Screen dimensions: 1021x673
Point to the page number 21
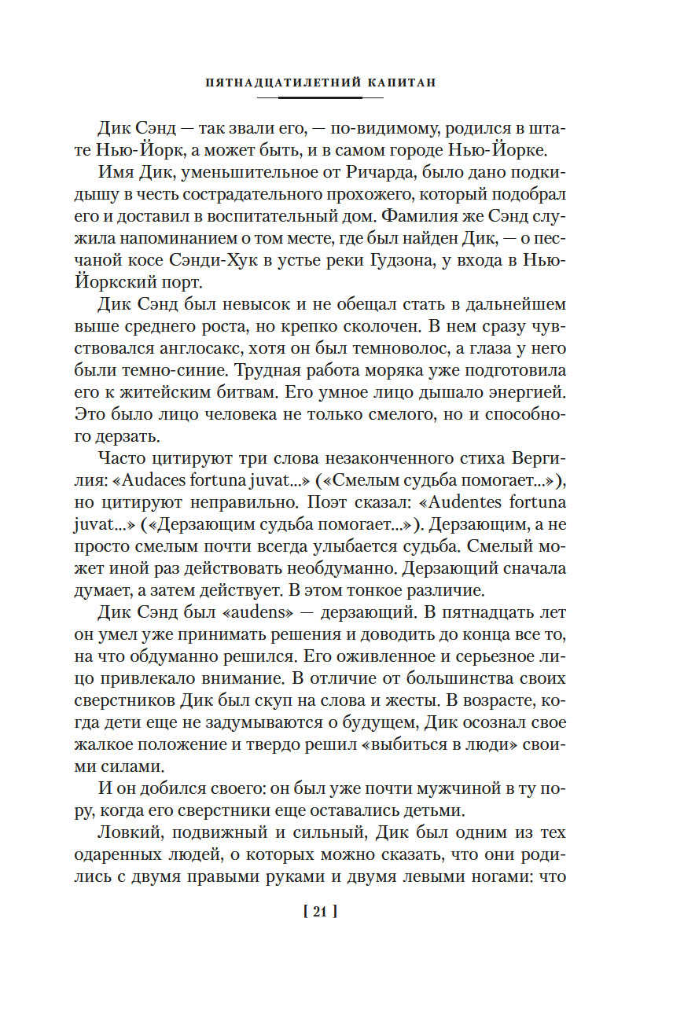319,913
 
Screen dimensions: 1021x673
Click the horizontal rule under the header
320,97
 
